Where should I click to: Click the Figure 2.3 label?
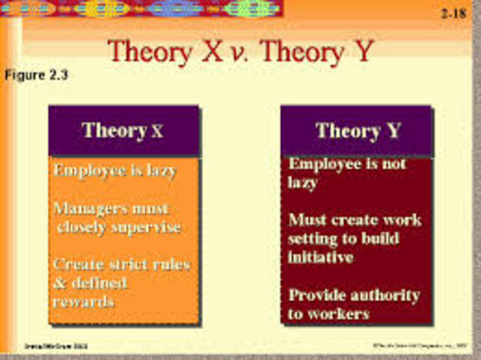click(x=37, y=75)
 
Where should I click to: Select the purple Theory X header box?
click(x=124, y=131)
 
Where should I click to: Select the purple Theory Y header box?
click(x=357, y=131)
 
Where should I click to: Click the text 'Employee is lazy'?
click(x=115, y=171)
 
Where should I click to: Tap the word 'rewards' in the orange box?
click(x=83, y=301)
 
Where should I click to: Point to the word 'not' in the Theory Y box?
click(x=392, y=164)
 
